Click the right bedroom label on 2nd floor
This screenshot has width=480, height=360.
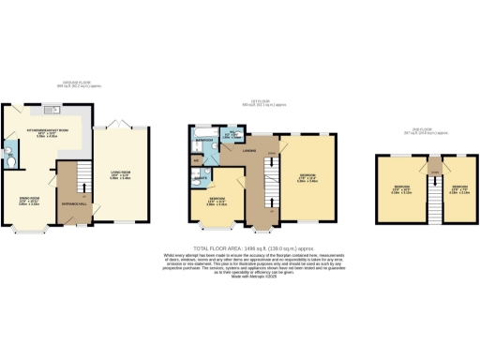[x=458, y=191]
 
